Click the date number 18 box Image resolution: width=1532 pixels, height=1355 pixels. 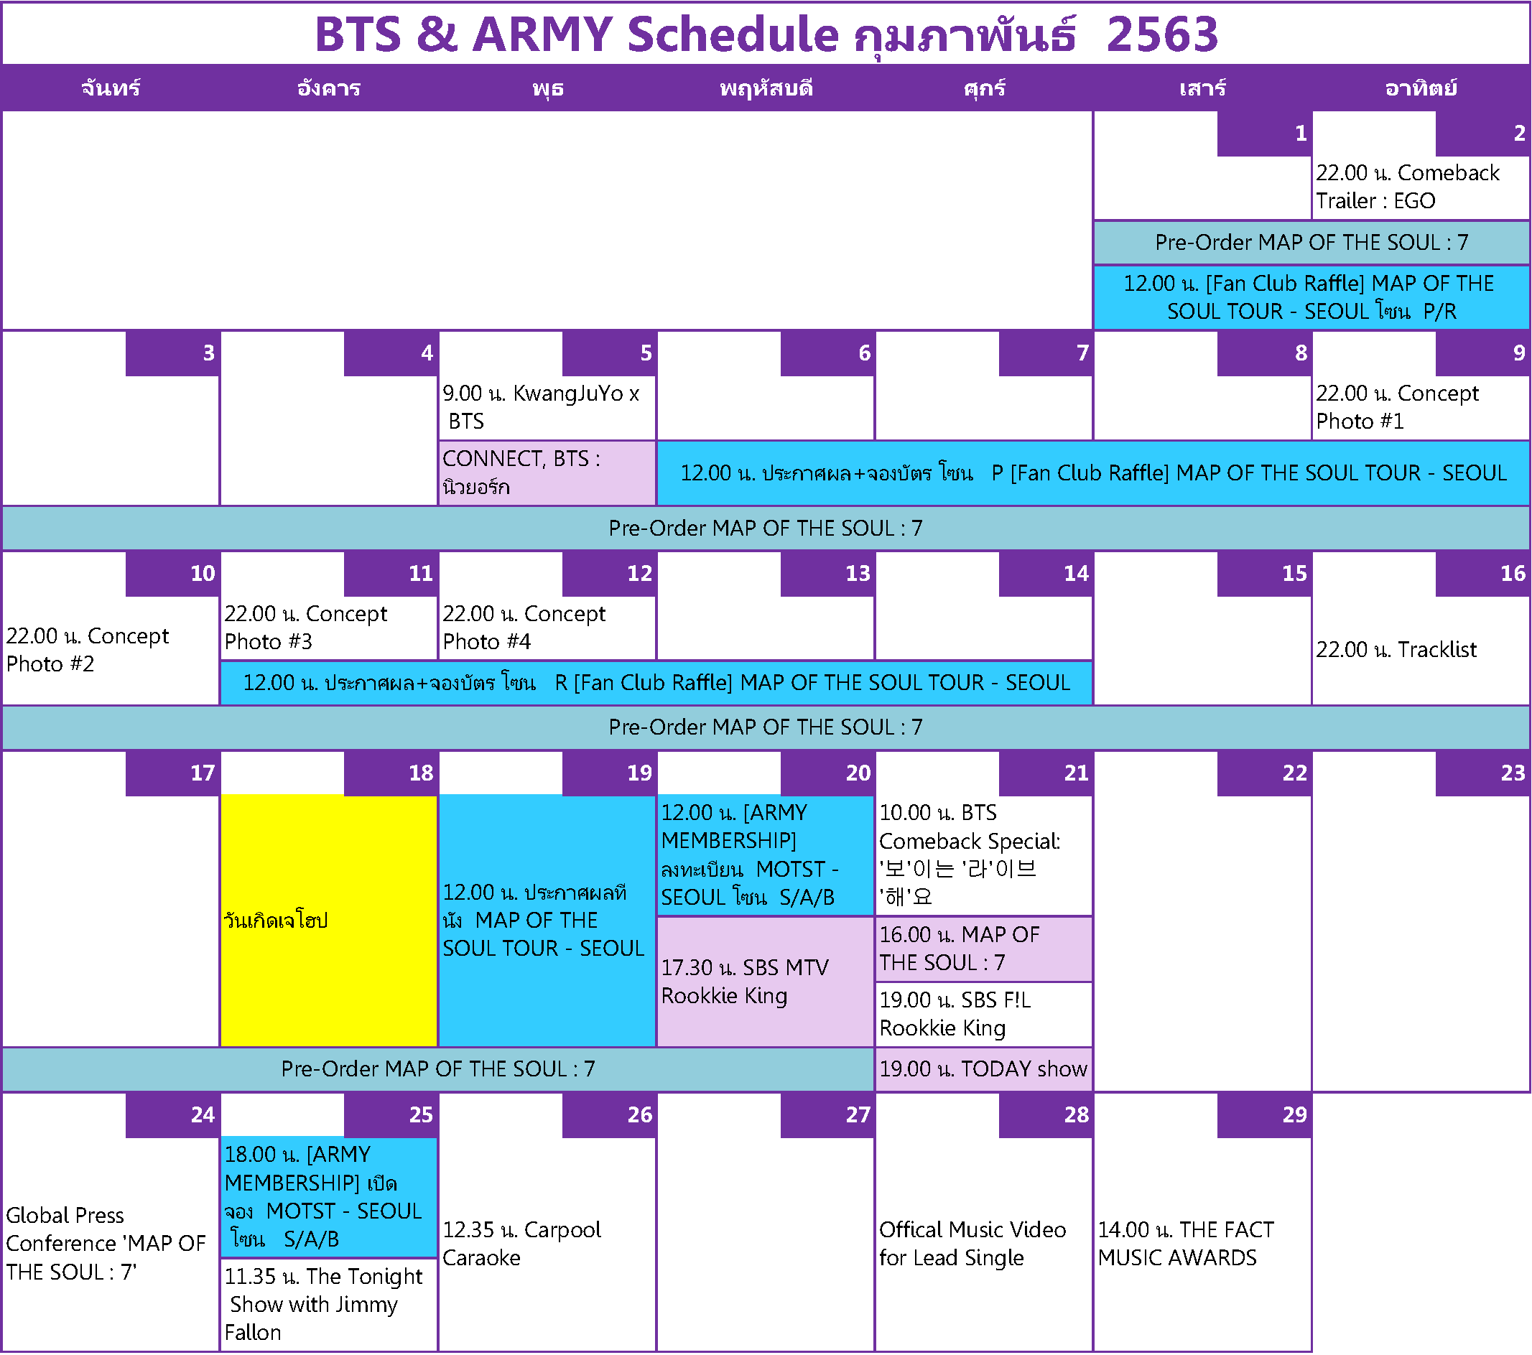click(391, 773)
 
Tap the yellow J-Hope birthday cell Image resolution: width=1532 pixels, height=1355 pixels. click(329, 921)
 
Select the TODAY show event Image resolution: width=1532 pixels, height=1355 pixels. click(983, 1068)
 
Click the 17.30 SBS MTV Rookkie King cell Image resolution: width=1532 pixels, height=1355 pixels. click(765, 982)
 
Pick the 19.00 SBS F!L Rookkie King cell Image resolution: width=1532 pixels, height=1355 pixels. click(983, 1014)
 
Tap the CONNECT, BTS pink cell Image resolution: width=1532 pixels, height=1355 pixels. click(547, 473)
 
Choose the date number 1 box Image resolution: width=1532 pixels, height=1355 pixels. click(1264, 134)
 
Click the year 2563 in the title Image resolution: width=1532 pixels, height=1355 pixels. click(1163, 34)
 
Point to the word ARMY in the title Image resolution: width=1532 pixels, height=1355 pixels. click(543, 34)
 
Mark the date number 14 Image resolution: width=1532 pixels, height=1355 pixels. click(1046, 573)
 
